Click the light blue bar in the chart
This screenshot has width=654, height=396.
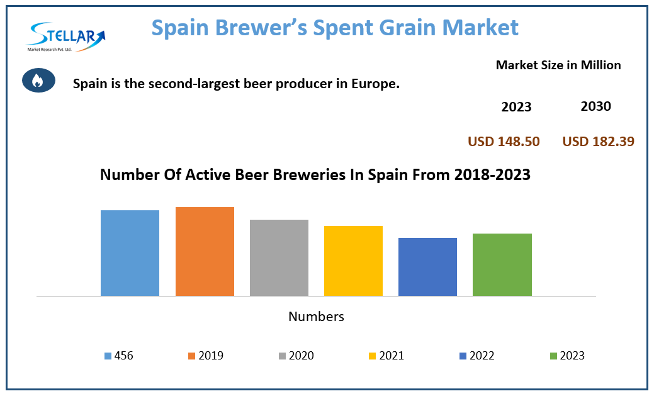coord(130,253)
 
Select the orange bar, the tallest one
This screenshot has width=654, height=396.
coord(205,251)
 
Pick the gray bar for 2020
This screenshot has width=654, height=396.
coord(279,257)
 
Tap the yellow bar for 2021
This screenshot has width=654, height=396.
coord(353,261)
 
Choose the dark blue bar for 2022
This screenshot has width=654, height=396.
coord(427,267)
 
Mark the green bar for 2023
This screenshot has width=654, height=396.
coord(502,264)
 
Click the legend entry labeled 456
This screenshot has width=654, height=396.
coord(119,356)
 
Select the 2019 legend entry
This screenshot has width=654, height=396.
coord(205,356)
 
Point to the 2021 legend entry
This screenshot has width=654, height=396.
coord(386,356)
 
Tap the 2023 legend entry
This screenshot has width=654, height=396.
coord(567,356)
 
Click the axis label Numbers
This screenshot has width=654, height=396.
coord(316,317)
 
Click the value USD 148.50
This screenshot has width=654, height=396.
coord(504,142)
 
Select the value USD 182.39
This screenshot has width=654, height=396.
coord(598,142)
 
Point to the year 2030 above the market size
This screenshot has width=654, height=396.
coord(595,106)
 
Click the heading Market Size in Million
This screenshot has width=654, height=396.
coord(558,65)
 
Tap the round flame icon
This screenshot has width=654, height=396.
coord(38,81)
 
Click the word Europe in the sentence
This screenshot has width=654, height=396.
coord(376,83)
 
